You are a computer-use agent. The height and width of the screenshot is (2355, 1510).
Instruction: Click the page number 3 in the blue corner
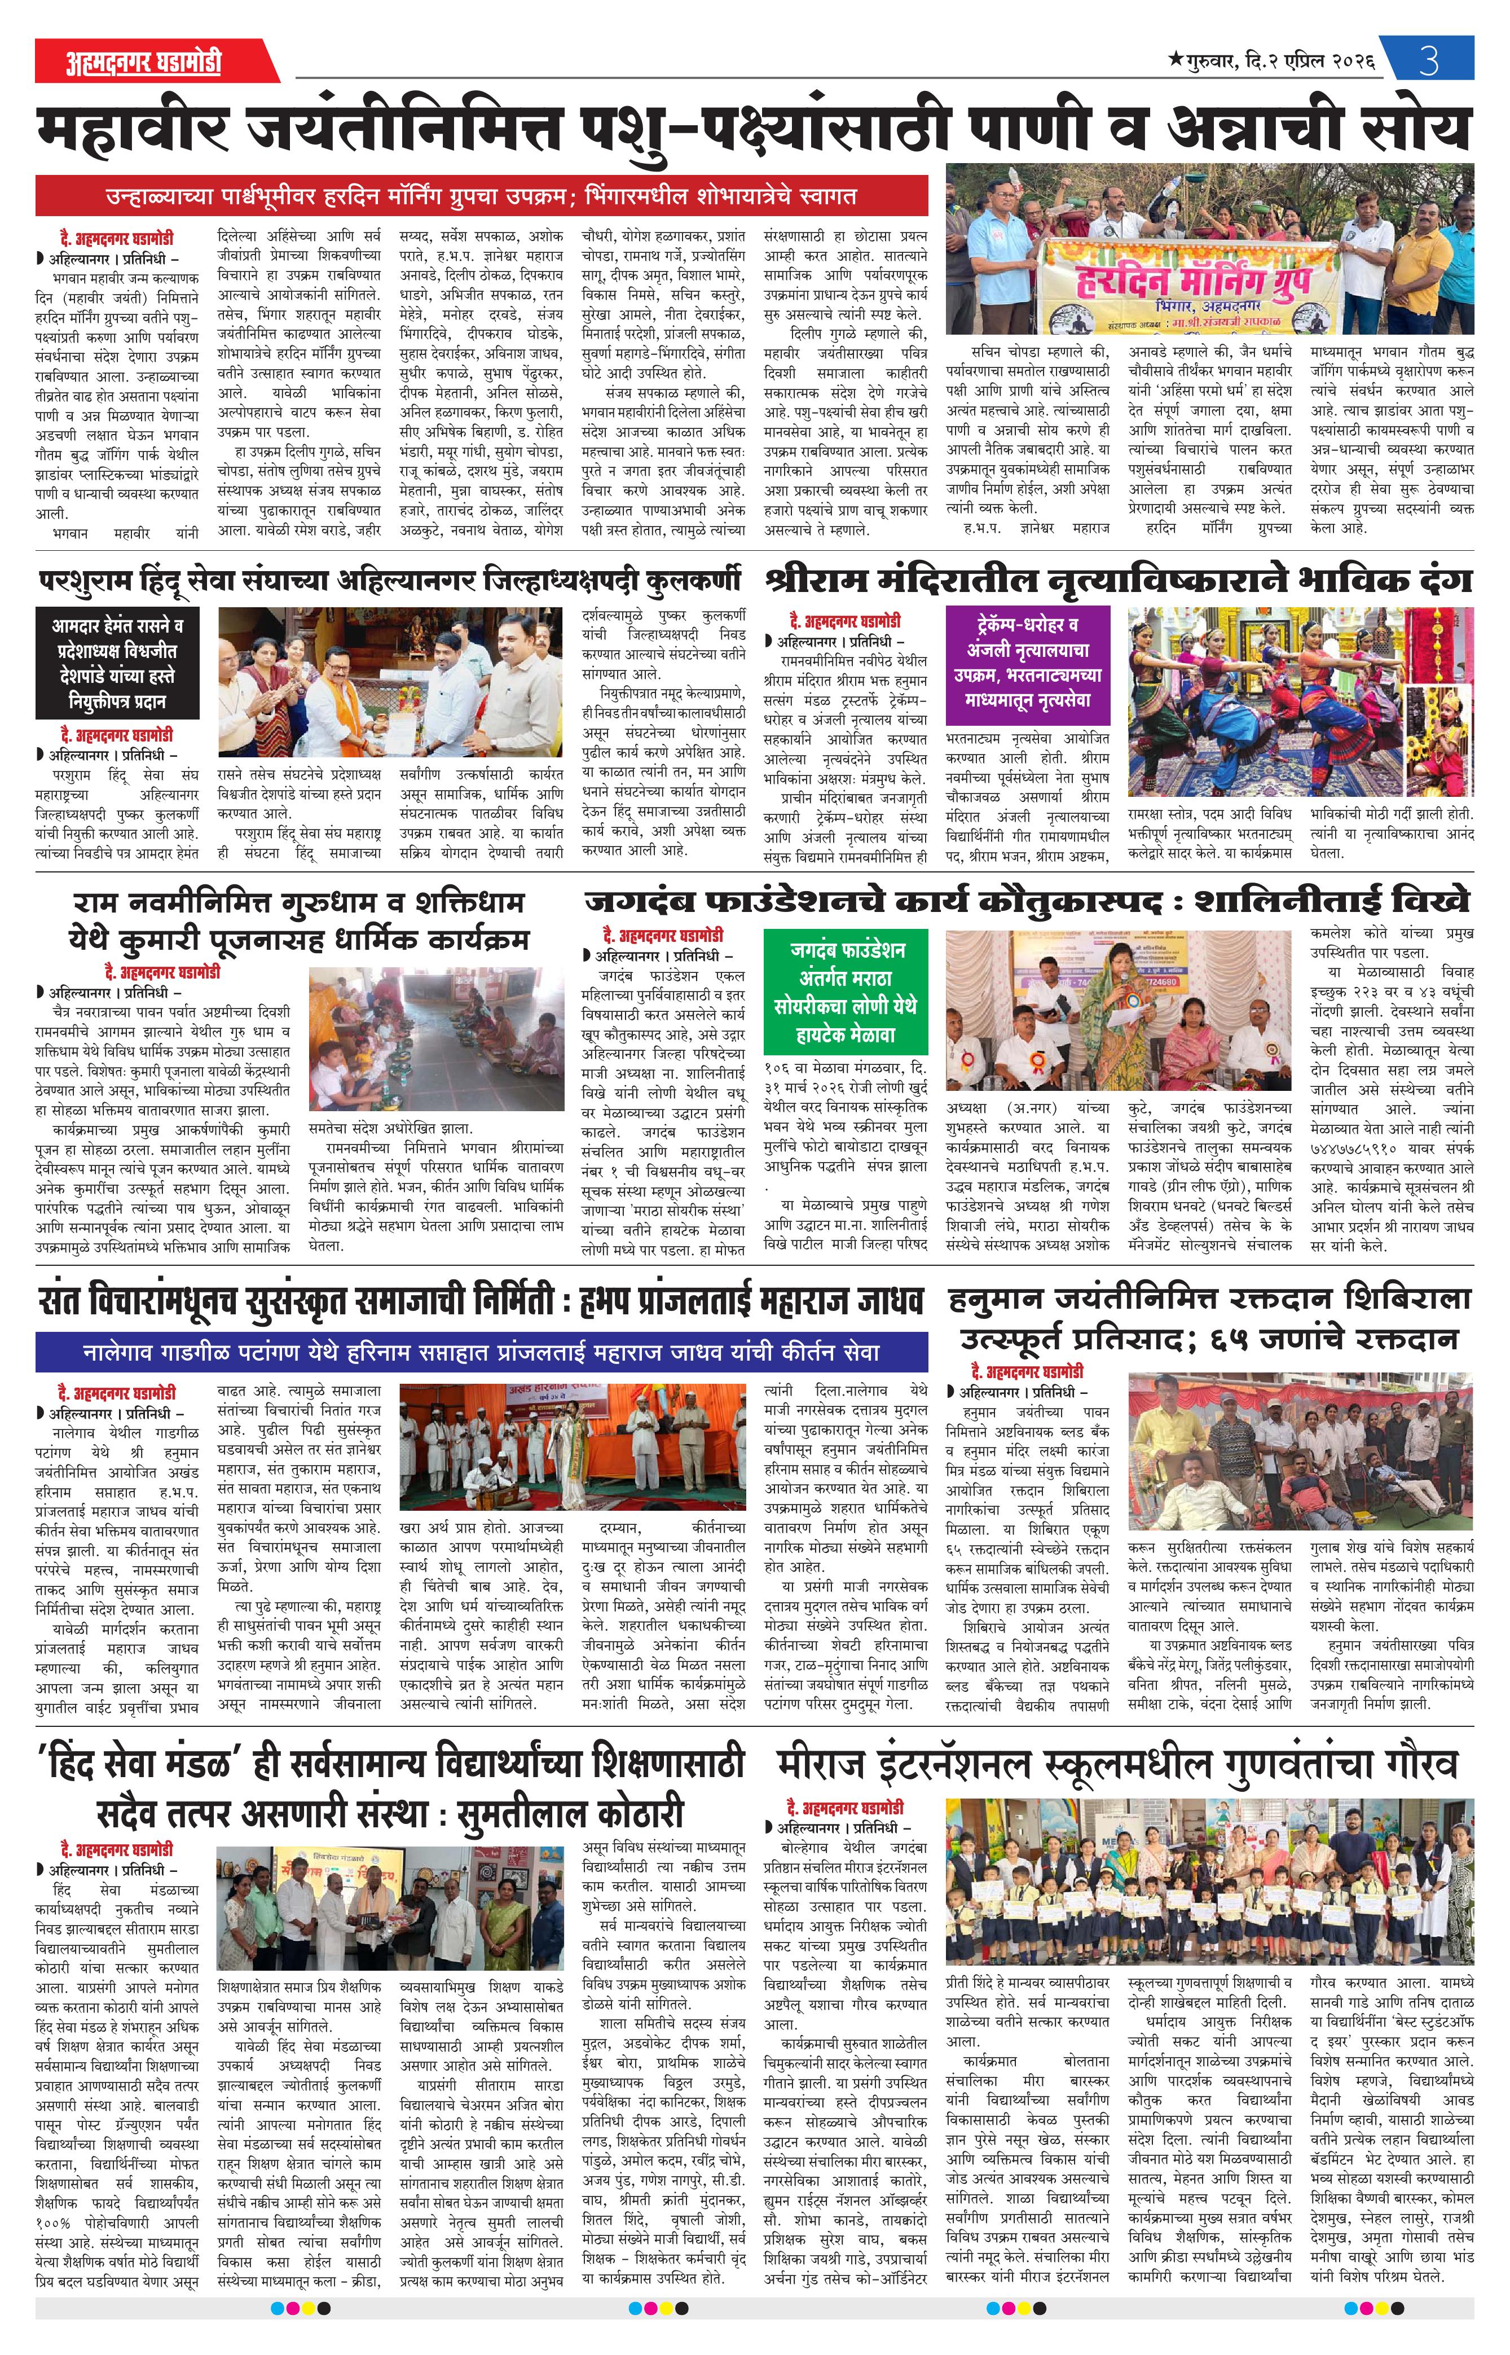[1429, 61]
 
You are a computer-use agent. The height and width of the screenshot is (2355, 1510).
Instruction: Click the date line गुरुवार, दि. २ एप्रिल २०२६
[1272, 61]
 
